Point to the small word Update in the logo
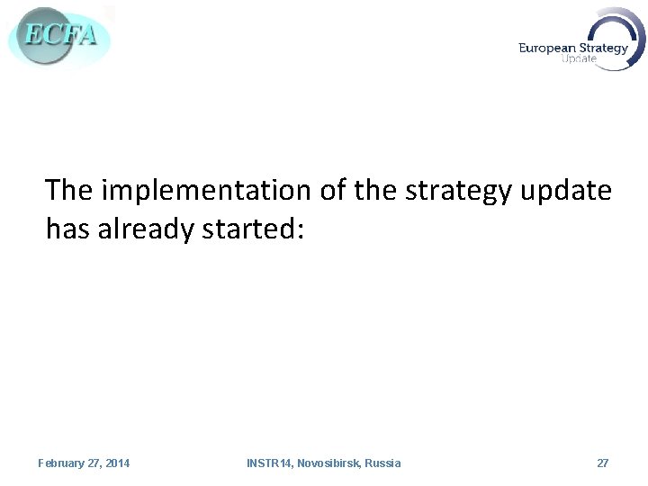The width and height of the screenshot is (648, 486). [x=578, y=60]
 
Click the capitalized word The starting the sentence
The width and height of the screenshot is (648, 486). [x=71, y=190]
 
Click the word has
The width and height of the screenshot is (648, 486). [x=67, y=229]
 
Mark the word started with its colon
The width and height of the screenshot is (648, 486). [x=260, y=229]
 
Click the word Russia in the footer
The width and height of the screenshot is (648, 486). [x=383, y=463]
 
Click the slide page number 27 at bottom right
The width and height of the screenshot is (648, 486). [x=602, y=463]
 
